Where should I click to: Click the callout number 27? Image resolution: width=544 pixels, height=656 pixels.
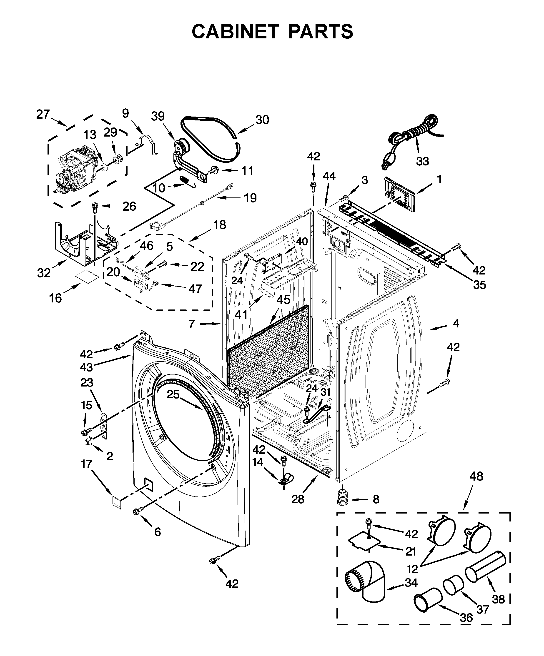[x=43, y=115]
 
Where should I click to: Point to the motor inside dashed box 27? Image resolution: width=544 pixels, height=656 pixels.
[x=77, y=170]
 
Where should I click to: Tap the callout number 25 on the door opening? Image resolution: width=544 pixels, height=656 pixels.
[x=173, y=394]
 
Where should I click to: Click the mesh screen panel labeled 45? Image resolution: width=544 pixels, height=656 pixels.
[x=269, y=353]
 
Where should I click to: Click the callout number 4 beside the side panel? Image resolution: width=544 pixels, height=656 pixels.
[x=456, y=324]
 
